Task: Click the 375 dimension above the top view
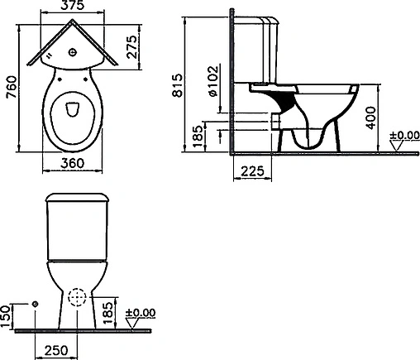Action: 72,6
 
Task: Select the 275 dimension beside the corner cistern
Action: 132,46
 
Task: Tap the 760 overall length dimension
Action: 12,87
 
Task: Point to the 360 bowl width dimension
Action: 72,163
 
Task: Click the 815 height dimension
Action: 177,85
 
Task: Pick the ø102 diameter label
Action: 213,81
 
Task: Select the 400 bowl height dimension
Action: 371,118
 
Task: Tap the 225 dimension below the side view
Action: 252,171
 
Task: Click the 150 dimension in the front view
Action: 6,316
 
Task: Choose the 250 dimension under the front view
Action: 56,350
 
